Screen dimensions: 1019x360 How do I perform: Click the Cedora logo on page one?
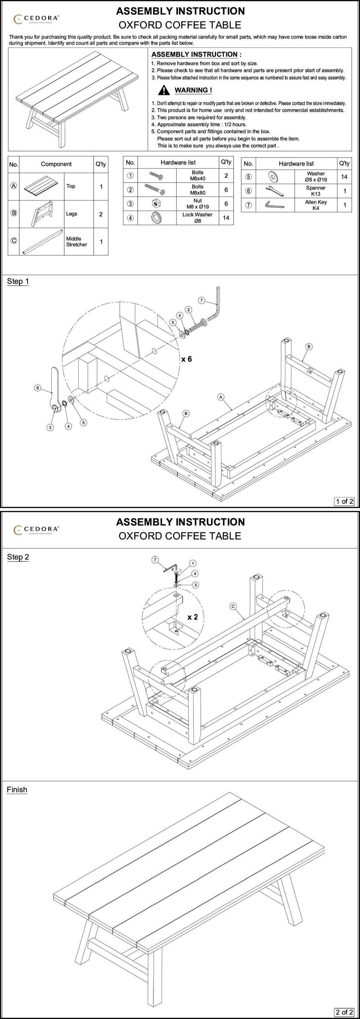point(36,18)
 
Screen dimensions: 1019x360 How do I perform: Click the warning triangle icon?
point(166,90)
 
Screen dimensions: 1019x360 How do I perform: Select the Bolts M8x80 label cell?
point(197,190)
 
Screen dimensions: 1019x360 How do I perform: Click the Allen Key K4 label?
point(316,205)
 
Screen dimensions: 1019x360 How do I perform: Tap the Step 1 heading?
point(18,281)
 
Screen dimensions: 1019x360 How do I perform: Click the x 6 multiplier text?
point(186,359)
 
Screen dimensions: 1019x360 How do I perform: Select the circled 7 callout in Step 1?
point(201,300)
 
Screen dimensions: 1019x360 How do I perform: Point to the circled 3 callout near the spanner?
point(50,427)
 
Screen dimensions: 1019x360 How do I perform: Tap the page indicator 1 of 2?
point(344,501)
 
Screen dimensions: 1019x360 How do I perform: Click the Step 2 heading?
point(18,557)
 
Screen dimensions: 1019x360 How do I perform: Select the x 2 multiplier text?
point(193,616)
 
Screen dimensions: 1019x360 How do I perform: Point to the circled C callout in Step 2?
point(233,606)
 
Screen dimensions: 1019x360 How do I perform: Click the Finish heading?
point(17,790)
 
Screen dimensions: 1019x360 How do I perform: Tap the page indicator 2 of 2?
point(344,1012)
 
